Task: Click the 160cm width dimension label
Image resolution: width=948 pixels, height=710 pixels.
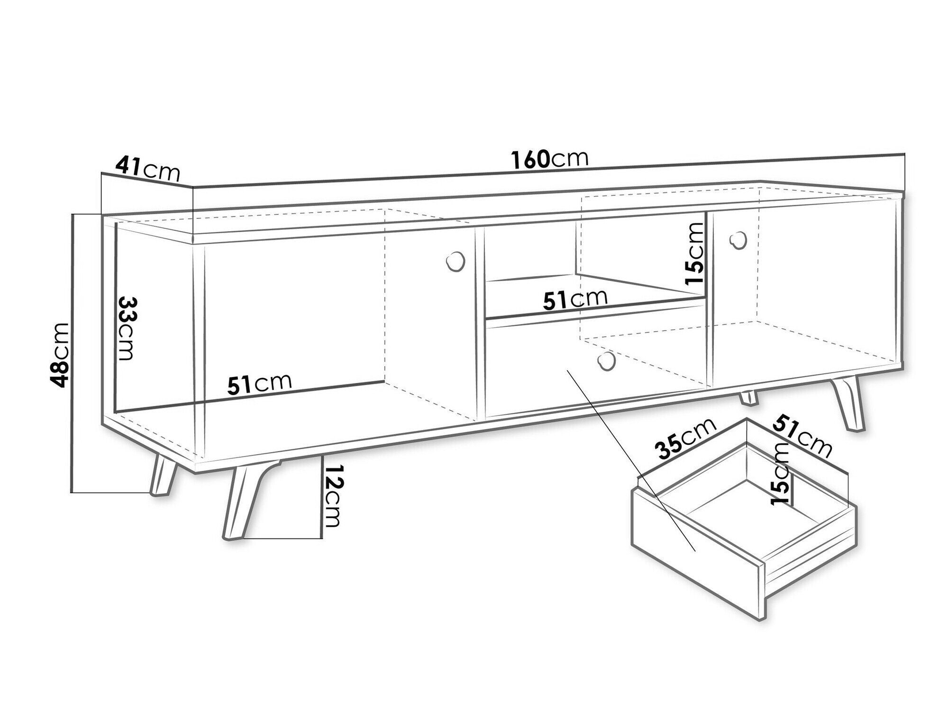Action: tap(550, 160)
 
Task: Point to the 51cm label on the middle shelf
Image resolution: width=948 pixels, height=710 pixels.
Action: tap(575, 299)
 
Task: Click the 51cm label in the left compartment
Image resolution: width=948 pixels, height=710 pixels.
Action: tap(259, 384)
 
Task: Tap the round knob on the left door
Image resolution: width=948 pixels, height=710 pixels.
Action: tap(456, 261)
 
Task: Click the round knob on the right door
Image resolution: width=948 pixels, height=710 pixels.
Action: tap(738, 241)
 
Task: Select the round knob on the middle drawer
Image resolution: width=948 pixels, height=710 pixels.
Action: tap(606, 361)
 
